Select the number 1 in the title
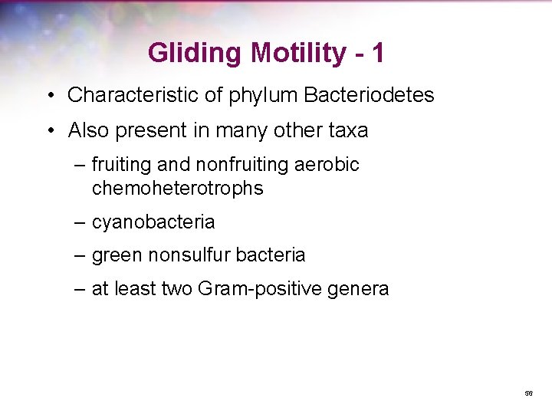point(377,54)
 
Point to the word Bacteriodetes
point(370,95)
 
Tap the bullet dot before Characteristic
point(48,96)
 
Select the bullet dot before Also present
point(48,131)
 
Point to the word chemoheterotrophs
point(177,188)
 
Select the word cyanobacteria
point(153,222)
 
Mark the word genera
point(362,290)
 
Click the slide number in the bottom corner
point(528,393)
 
